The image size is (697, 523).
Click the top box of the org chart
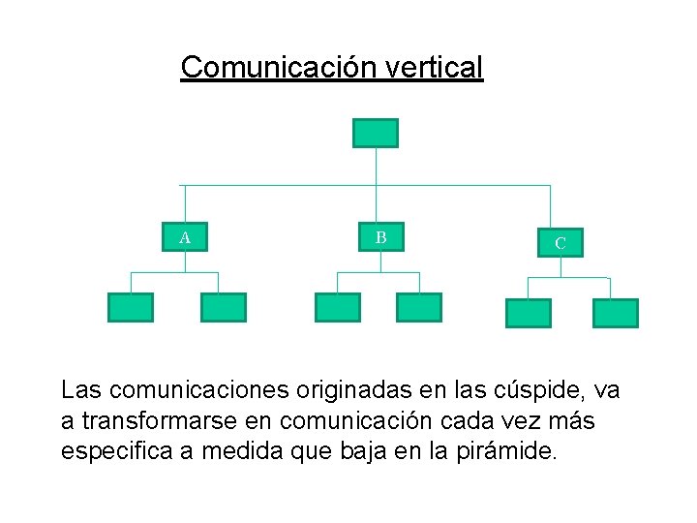pos(375,133)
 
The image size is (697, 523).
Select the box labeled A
pos(184,237)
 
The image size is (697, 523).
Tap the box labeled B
pos(380,237)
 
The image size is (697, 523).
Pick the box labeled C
pos(561,243)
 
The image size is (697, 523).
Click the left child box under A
pos(130,307)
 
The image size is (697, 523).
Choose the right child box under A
pos(224,307)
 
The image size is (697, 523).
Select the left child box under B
pos(337,307)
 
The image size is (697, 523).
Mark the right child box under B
pos(419,307)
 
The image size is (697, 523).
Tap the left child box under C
pos(529,313)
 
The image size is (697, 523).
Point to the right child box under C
pos(616,313)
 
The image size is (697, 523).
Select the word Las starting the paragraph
pos(81,390)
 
